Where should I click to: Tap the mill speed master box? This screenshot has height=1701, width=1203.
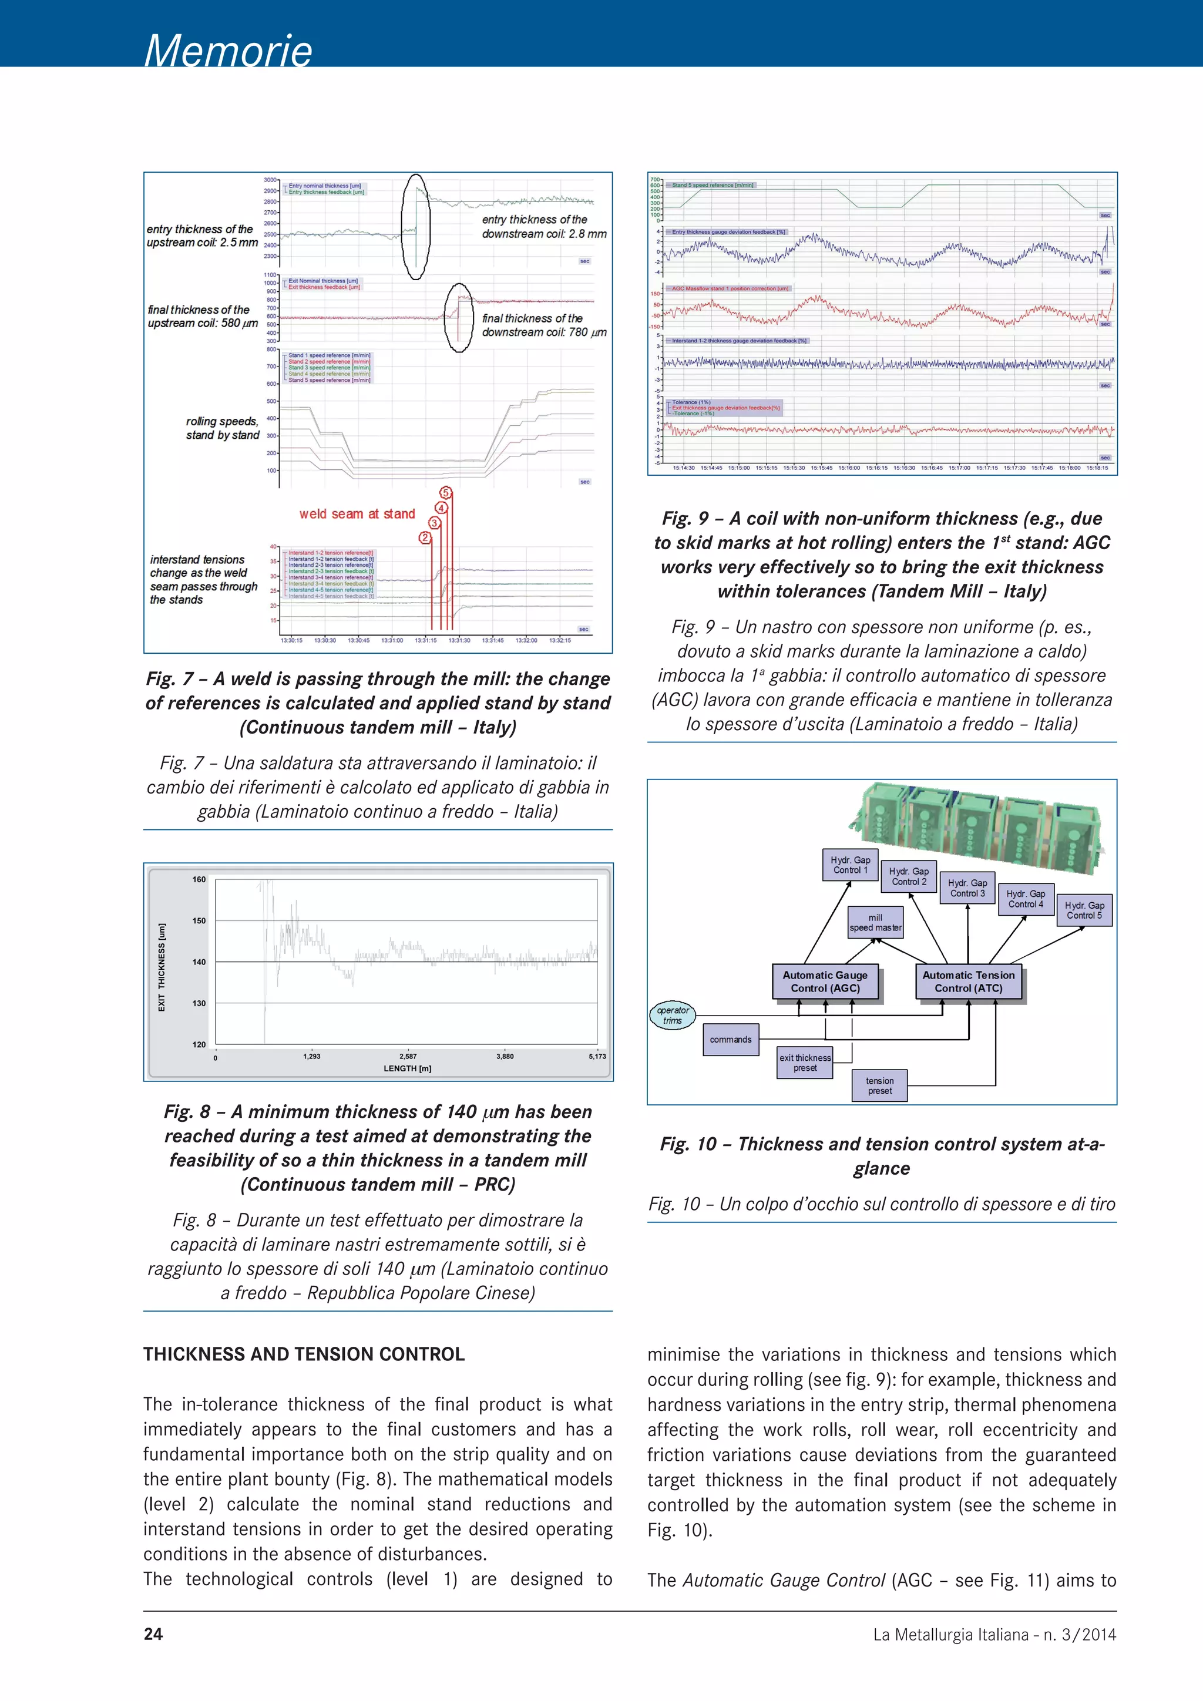point(876,922)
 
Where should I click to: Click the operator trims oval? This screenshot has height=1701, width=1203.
point(673,1015)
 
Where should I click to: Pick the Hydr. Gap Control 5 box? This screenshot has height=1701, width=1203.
point(1084,910)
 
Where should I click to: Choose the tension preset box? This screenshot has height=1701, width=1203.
point(880,1085)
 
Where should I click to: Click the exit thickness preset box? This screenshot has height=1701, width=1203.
point(805,1063)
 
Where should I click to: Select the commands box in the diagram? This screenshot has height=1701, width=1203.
point(730,1040)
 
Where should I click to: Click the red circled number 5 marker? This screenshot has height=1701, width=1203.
point(446,493)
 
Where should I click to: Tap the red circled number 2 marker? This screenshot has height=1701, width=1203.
point(425,538)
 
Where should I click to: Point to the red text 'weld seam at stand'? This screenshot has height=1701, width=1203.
point(357,514)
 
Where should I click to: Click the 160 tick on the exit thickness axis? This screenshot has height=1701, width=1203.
point(199,879)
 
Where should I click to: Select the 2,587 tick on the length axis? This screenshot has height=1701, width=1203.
point(408,1057)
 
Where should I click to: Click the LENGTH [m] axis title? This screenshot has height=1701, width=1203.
point(408,1068)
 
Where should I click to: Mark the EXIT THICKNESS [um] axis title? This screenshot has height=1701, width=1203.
point(162,967)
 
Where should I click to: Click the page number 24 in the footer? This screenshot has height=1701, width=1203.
point(153,1634)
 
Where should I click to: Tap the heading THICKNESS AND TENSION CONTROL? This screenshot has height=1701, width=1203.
point(304,1354)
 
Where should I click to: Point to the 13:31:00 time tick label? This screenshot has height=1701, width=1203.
point(392,640)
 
